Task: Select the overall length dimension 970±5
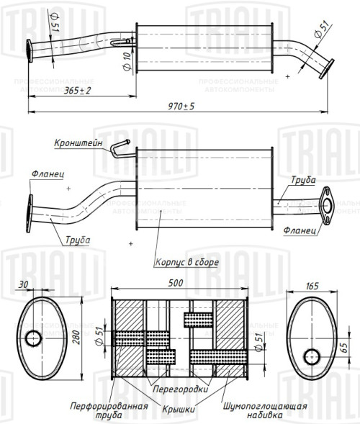(x=181, y=106)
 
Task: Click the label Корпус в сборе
(x=186, y=263)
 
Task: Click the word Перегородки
(x=180, y=389)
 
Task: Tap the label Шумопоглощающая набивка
(x=265, y=410)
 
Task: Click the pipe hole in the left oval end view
(x=33, y=338)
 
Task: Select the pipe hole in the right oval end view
(x=312, y=356)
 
